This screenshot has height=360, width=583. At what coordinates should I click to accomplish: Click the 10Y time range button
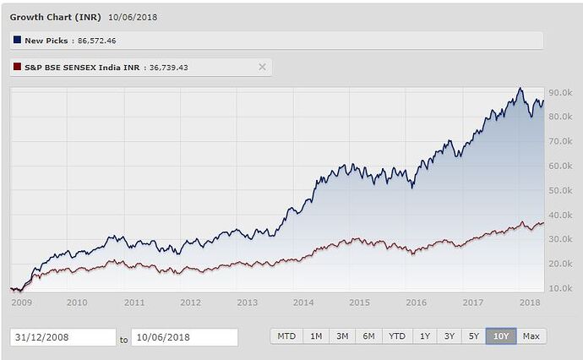501,336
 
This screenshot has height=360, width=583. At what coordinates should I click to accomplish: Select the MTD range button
286,336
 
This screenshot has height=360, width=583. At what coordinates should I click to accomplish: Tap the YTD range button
397,336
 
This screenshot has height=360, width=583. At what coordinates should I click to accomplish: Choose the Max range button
531,336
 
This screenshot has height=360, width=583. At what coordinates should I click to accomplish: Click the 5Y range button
474,336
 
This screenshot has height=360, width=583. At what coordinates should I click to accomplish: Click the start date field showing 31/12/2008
63,337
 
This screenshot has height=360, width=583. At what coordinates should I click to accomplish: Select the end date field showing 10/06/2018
184,337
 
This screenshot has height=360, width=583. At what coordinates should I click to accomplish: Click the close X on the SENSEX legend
262,67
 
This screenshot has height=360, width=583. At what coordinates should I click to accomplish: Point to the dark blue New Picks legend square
17,40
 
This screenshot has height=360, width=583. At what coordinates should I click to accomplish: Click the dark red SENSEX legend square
17,67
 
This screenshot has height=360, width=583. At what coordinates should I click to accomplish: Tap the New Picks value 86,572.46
98,40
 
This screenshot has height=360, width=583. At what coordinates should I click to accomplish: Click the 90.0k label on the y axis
561,92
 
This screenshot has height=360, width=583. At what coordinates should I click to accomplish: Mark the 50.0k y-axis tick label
561,190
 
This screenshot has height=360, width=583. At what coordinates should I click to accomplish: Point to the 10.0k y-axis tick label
561,288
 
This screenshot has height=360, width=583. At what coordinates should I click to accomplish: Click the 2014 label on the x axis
303,302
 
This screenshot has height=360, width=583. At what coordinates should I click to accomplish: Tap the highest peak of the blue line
520,88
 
